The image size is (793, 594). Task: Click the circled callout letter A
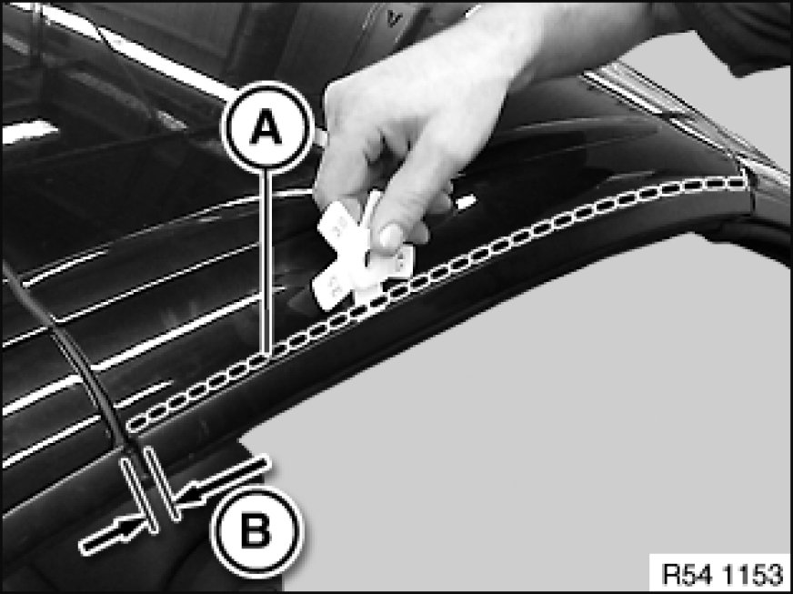(x=267, y=127)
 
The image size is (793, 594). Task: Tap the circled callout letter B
(x=256, y=531)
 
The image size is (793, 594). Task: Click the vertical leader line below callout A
(x=268, y=263)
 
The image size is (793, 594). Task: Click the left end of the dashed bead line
(x=133, y=425)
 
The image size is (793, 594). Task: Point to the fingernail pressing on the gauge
(x=389, y=237)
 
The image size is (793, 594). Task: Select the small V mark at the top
(x=391, y=18)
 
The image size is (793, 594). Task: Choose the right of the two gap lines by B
(x=162, y=483)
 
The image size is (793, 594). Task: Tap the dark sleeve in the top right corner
(x=728, y=30)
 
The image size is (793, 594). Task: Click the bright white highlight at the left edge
(x=29, y=132)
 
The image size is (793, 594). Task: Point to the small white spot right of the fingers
(x=466, y=202)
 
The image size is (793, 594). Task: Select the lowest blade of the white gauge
(x=328, y=289)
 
